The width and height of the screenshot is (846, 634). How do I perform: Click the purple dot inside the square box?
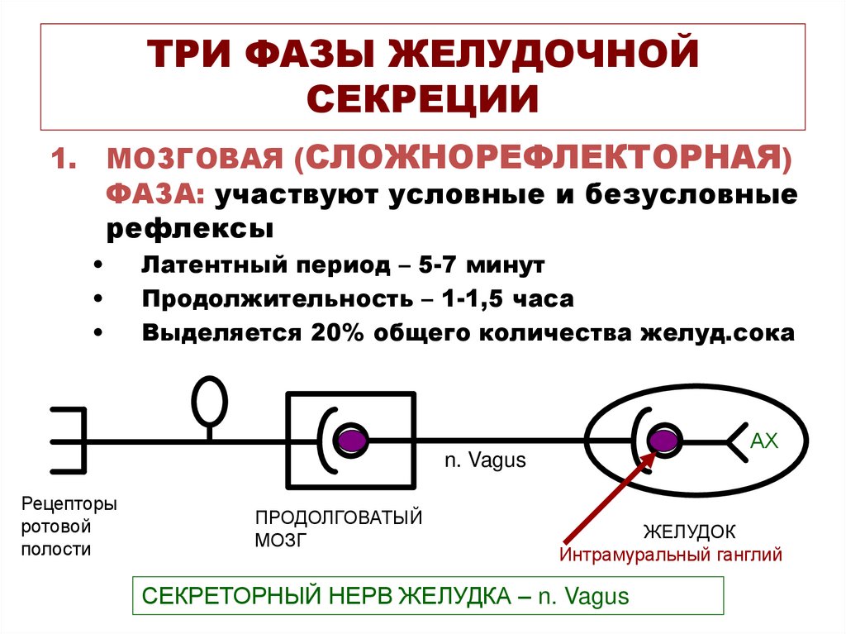click(x=354, y=440)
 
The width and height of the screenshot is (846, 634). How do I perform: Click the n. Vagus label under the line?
click(x=485, y=461)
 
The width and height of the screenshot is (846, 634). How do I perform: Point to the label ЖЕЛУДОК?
click(x=690, y=531)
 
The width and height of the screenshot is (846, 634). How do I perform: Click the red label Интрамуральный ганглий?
click(x=670, y=555)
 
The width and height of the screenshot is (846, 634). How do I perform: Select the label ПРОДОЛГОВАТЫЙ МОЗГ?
click(x=338, y=529)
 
